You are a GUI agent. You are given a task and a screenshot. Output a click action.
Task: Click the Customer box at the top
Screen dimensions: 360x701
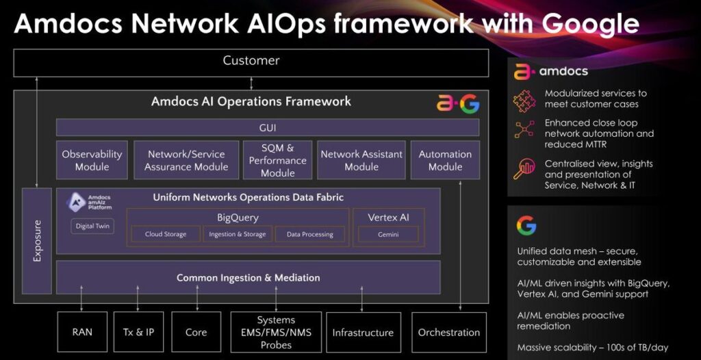click(251, 62)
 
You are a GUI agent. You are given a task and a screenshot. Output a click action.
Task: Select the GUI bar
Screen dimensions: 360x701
click(268, 127)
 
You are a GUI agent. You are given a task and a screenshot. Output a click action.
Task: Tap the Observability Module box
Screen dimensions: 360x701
click(92, 160)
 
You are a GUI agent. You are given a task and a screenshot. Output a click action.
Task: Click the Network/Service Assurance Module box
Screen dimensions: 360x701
click(186, 160)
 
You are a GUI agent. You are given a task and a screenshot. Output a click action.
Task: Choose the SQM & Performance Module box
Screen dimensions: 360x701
click(277, 160)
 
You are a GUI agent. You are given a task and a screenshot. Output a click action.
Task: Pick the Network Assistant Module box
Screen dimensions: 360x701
click(361, 160)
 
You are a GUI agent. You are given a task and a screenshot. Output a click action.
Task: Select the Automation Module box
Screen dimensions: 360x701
click(445, 160)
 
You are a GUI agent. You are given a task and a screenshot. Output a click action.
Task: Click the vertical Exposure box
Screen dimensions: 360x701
click(37, 241)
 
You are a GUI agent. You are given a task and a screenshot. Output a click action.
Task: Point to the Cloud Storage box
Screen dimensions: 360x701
click(165, 235)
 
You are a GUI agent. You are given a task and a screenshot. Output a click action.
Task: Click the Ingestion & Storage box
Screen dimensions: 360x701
click(238, 235)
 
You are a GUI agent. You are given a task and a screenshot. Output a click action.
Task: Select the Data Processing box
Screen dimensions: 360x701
click(309, 235)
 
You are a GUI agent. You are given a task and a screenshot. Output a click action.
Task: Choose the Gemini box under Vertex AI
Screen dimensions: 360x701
click(388, 235)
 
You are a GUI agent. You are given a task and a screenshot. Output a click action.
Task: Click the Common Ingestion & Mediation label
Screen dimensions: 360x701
click(248, 278)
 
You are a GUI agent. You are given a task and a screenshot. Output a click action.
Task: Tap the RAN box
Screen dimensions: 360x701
click(82, 333)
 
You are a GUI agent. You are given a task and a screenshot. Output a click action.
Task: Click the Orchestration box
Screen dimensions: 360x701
click(448, 333)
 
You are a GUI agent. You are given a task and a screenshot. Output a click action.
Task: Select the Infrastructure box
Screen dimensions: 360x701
click(363, 333)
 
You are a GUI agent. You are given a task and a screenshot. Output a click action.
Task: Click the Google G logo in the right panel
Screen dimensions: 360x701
click(526, 225)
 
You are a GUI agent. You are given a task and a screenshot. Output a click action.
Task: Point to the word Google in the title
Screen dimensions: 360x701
click(590, 24)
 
